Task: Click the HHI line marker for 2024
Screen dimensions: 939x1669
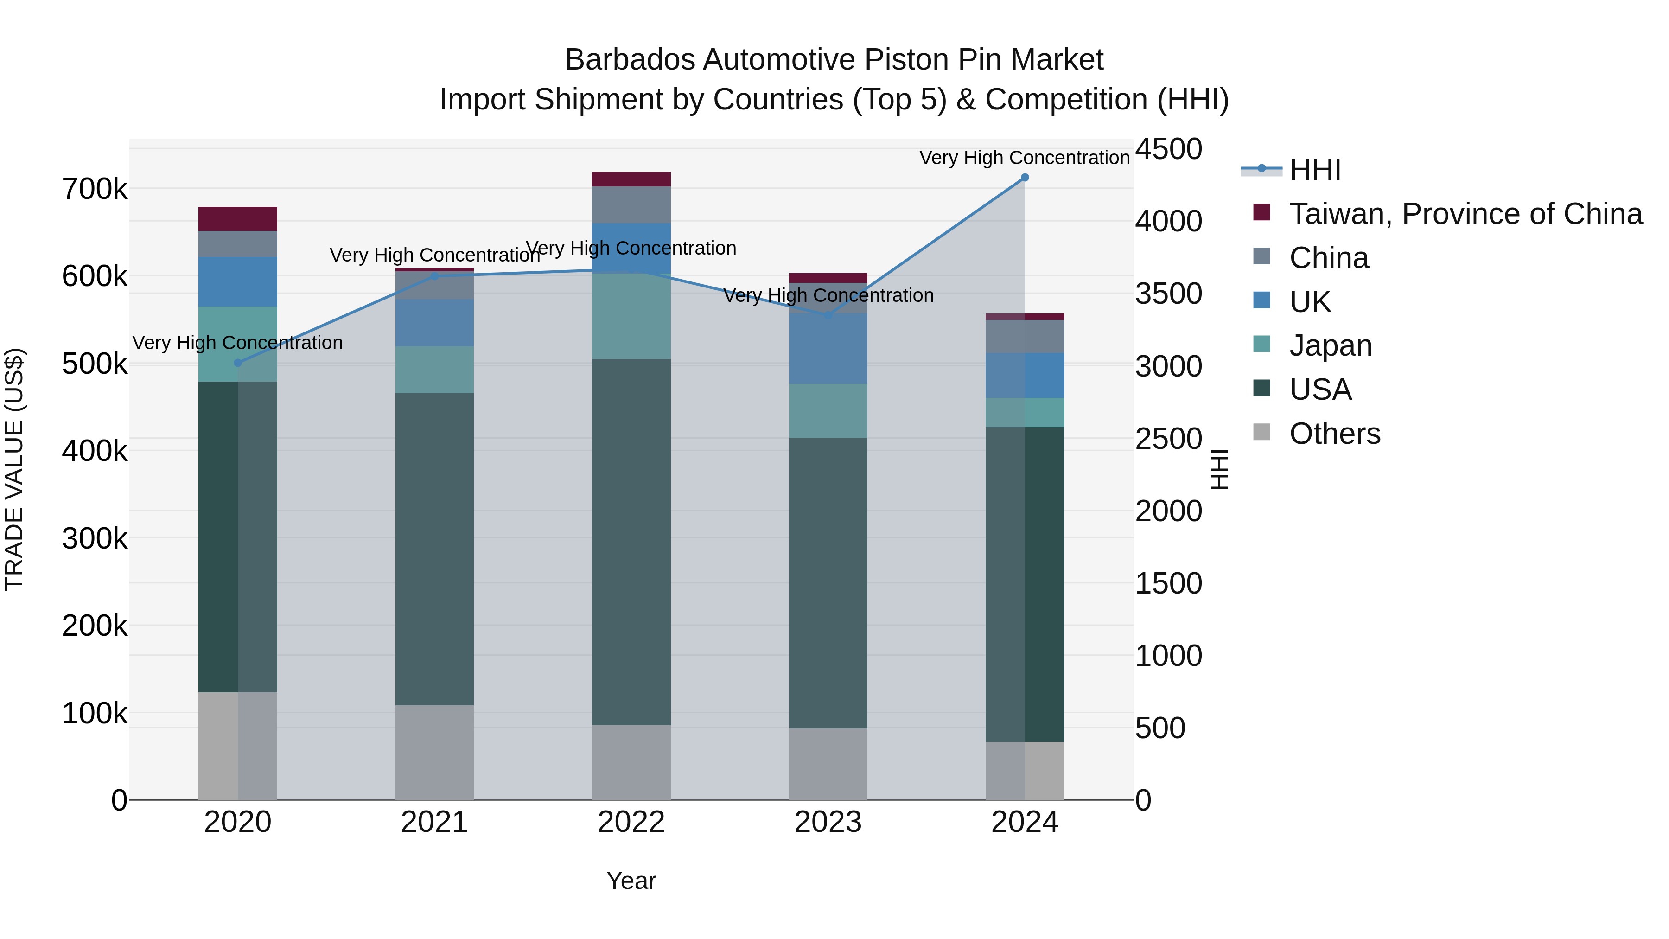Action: (1024, 178)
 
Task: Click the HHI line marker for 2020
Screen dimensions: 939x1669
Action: (238, 363)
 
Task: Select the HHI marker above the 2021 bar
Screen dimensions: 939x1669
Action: (435, 276)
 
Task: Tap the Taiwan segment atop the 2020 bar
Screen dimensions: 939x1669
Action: (238, 219)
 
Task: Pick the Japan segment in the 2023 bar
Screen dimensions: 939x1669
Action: (828, 411)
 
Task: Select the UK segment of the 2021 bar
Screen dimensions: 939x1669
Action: (435, 323)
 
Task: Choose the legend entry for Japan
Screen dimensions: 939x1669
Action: (1330, 345)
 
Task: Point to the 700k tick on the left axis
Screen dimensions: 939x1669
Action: (95, 190)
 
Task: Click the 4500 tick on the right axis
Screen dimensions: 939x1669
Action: (1169, 149)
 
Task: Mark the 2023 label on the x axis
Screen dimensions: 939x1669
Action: (828, 822)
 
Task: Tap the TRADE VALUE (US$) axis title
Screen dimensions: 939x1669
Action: (14, 469)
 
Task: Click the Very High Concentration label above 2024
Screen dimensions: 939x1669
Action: (1024, 158)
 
